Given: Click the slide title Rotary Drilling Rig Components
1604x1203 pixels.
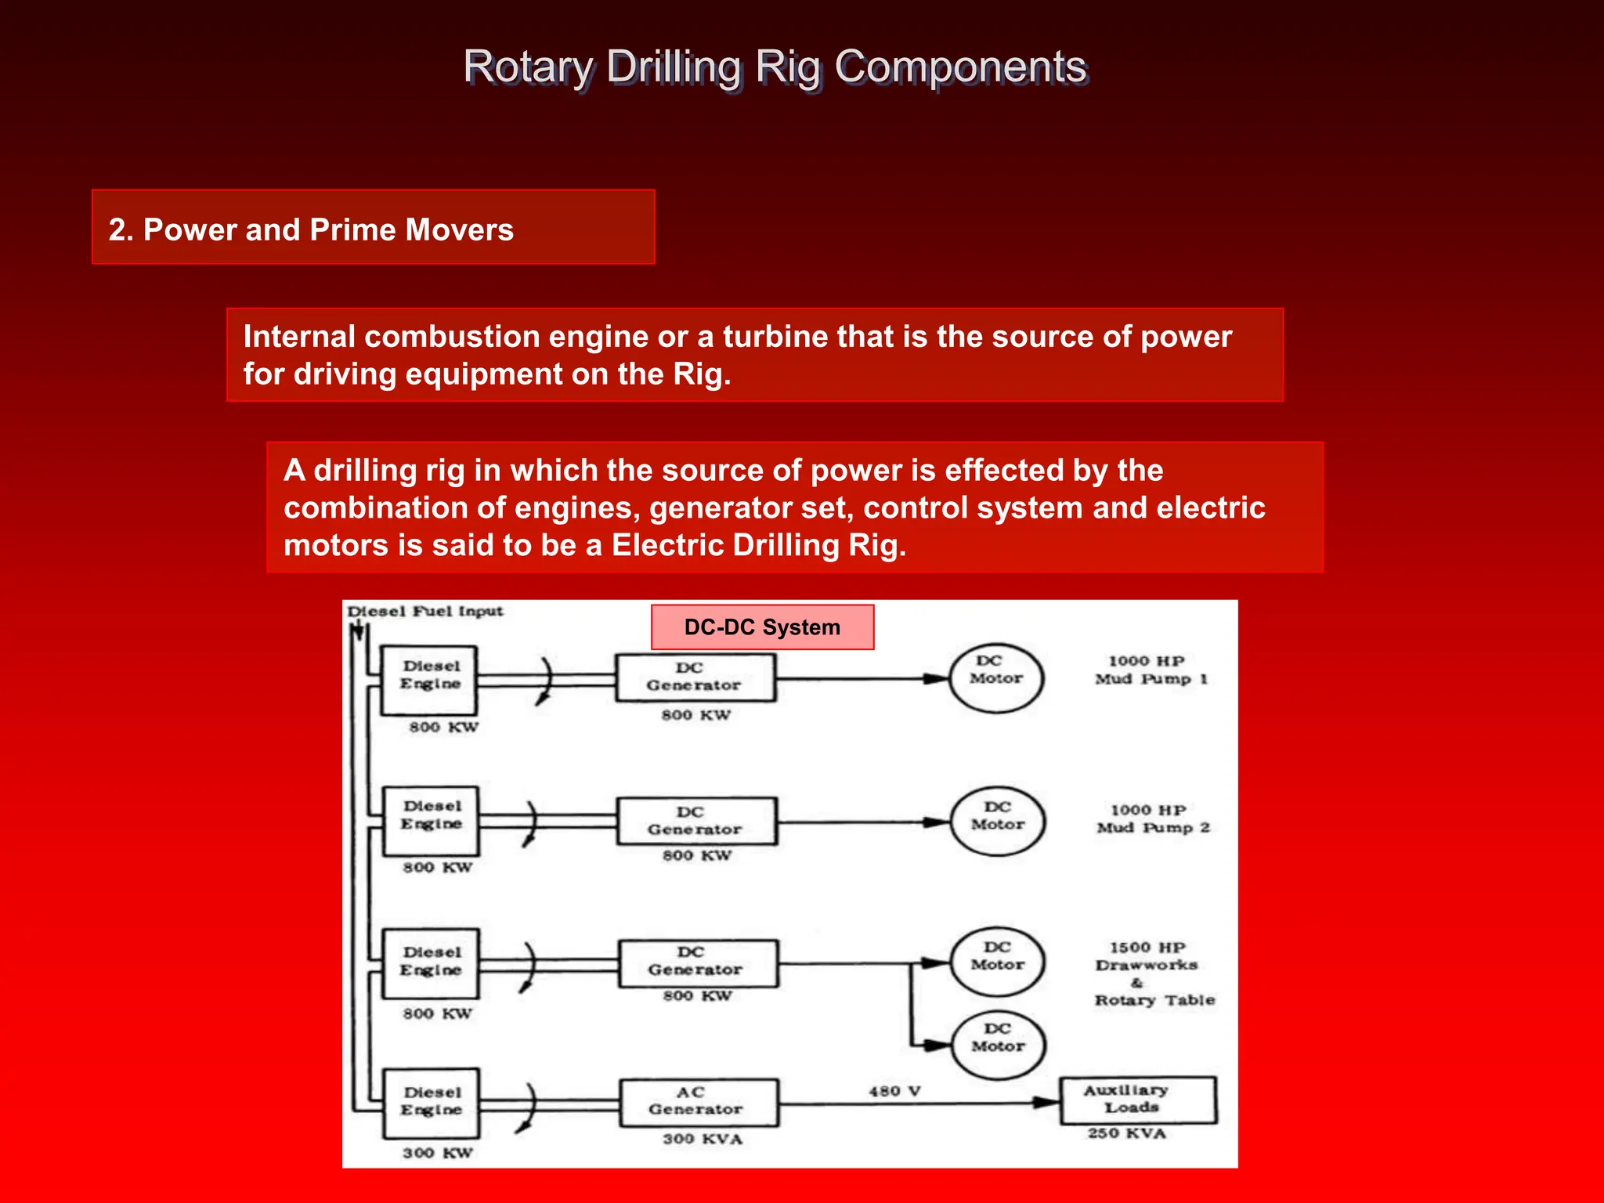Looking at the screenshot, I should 774,67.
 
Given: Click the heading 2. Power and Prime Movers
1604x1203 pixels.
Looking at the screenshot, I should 311,229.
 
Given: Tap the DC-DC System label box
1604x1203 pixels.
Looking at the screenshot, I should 762,627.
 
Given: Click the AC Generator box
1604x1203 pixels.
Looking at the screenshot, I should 699,1102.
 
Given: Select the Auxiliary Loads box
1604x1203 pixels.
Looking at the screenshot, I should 1137,1100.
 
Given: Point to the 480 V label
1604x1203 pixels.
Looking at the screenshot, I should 894,1091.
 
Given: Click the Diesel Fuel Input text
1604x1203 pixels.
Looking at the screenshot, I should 424,612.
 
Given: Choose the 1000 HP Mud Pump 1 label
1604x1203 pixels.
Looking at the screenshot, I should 1150,670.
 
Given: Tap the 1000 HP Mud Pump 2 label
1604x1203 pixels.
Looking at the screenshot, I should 1151,819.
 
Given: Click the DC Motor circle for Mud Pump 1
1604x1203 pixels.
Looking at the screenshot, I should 996,678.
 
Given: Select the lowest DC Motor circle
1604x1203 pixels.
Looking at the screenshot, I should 998,1046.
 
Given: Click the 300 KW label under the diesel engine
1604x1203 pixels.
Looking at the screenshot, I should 437,1153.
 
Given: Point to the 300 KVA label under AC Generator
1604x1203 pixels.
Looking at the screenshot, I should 702,1140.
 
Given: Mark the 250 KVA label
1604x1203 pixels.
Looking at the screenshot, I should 1126,1134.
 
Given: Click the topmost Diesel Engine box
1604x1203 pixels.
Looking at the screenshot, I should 429,679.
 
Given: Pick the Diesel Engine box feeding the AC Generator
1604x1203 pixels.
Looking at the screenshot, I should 431,1102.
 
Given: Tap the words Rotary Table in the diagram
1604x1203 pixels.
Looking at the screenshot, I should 1154,1000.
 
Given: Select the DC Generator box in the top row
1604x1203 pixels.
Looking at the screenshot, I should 695,677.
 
